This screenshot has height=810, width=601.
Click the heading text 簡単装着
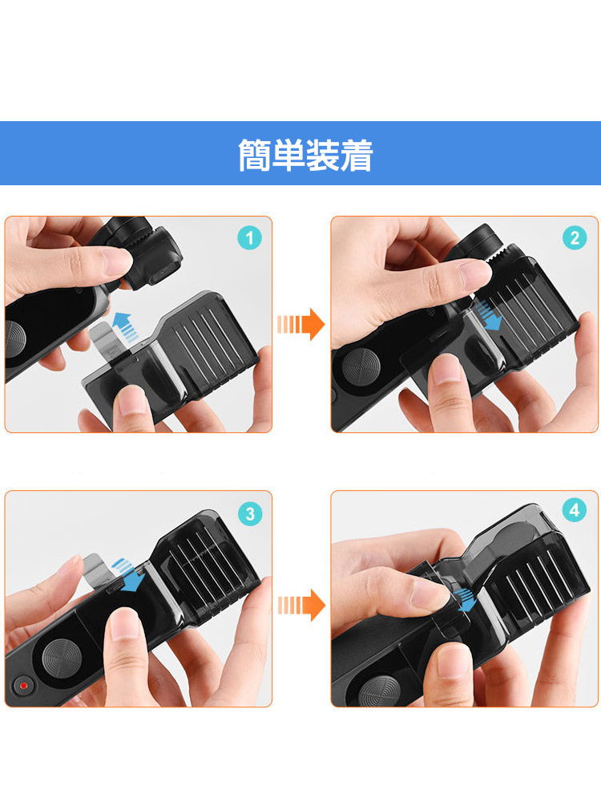pyautogui.click(x=305, y=155)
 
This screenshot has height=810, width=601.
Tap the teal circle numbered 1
pyautogui.click(x=250, y=238)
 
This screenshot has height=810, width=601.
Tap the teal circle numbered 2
pyautogui.click(x=575, y=238)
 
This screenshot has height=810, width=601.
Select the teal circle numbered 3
pyautogui.click(x=250, y=513)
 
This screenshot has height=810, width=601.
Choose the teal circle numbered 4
pyautogui.click(x=575, y=510)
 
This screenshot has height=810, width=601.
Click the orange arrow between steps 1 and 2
pyautogui.click(x=301, y=325)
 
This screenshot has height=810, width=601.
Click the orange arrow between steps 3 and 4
pyautogui.click(x=301, y=605)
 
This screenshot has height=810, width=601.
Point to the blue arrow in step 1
pyautogui.click(x=126, y=327)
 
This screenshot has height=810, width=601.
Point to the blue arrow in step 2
pyautogui.click(x=488, y=316)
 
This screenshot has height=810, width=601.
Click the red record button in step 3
pyautogui.click(x=23, y=686)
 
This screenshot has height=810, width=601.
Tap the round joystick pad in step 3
pyautogui.click(x=62, y=658)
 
